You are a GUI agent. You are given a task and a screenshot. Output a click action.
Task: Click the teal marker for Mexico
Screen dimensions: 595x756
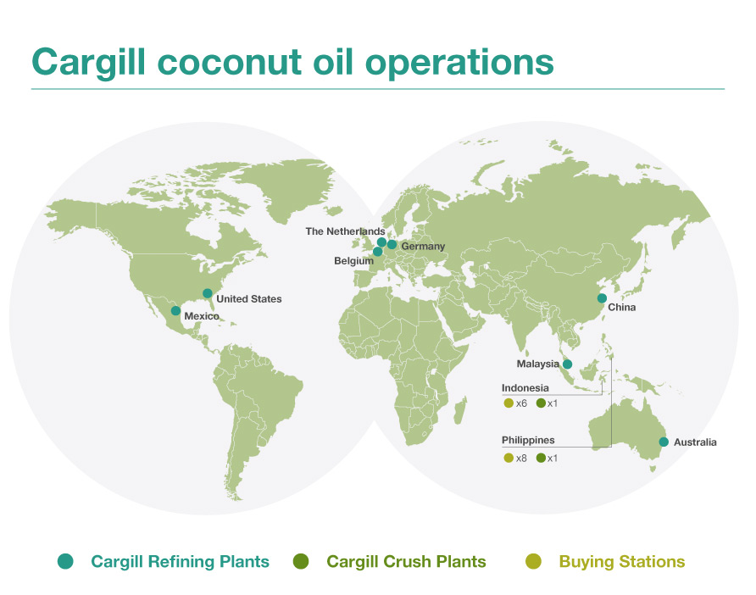click(x=175, y=311)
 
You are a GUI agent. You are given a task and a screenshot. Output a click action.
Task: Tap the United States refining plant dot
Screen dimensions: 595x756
click(x=208, y=294)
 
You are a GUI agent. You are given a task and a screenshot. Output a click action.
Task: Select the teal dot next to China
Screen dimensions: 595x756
click(x=602, y=298)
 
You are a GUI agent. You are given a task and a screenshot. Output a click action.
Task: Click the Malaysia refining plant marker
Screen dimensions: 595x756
click(x=567, y=364)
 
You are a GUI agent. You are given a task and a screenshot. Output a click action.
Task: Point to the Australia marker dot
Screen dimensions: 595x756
click(x=664, y=442)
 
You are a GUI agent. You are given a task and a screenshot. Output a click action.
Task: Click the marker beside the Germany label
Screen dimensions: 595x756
click(x=392, y=245)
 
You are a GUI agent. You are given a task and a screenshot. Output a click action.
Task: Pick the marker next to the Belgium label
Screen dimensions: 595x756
click(x=377, y=252)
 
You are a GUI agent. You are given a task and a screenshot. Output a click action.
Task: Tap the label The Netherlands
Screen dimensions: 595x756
click(x=345, y=231)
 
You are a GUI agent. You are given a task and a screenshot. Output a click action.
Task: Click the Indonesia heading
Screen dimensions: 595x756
click(x=525, y=388)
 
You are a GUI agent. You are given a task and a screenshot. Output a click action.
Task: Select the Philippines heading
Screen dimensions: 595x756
click(x=528, y=441)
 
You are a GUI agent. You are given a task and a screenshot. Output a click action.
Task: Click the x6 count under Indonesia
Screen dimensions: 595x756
click(x=521, y=403)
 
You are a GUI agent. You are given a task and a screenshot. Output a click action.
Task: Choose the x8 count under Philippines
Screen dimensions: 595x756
click(x=521, y=459)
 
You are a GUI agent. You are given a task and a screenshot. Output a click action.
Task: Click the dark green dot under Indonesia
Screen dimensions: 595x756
click(x=541, y=403)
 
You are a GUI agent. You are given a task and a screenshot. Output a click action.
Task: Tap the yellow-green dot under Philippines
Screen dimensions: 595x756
click(x=509, y=459)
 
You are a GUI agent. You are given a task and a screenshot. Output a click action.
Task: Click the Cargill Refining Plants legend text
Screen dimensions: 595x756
click(x=180, y=561)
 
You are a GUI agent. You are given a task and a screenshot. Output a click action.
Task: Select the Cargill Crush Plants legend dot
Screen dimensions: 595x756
click(x=301, y=561)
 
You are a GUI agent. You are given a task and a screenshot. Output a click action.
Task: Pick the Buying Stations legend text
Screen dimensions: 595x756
click(x=621, y=561)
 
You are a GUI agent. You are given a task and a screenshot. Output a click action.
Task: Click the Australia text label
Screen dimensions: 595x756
click(x=695, y=442)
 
